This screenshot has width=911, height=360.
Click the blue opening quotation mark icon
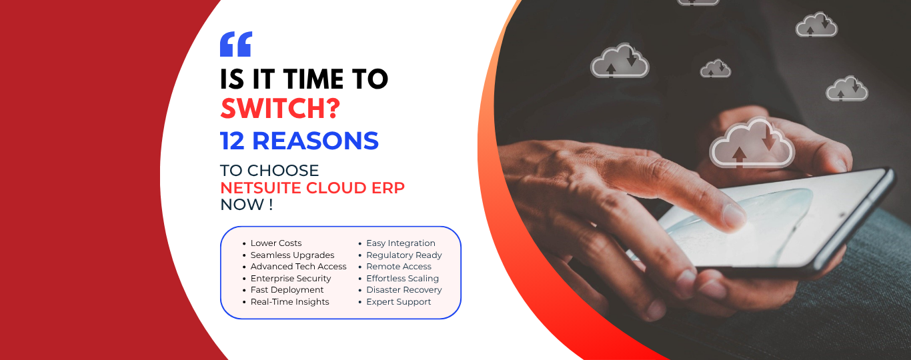pos(236,44)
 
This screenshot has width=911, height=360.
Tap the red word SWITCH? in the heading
pos(280,109)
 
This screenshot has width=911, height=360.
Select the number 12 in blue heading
pos(232,141)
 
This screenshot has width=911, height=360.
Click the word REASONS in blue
pos(315,141)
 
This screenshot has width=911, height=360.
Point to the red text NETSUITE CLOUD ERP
pos(312,188)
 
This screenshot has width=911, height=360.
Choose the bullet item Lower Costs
pos(276,243)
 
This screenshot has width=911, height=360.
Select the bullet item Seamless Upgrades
pos(292,255)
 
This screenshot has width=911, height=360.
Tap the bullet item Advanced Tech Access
pos(299,267)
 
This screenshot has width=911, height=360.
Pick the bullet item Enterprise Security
pos(291,278)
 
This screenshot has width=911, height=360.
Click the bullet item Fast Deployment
pos(287,290)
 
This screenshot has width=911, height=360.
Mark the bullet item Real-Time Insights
pos(290,301)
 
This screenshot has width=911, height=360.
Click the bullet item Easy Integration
pos(401,243)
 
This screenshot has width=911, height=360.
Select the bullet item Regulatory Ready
pos(404,255)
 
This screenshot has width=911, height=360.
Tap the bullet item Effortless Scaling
pos(403,278)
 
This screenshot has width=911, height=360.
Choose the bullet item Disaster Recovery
pos(404,290)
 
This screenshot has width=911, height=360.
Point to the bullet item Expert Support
pos(399,301)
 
